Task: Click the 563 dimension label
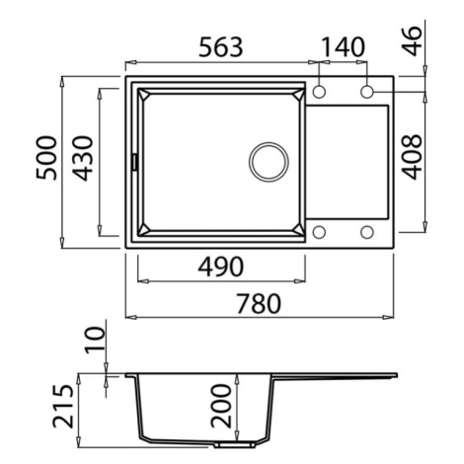coord(221,47)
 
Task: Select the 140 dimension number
coord(343,47)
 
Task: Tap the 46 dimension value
coord(412,41)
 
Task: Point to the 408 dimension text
coord(412,157)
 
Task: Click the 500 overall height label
coord(46,158)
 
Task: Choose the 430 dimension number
coord(83,158)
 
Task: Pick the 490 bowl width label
coord(221,267)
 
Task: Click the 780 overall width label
coord(259,304)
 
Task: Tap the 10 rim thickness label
coord(95,340)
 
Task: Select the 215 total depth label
coord(63,406)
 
